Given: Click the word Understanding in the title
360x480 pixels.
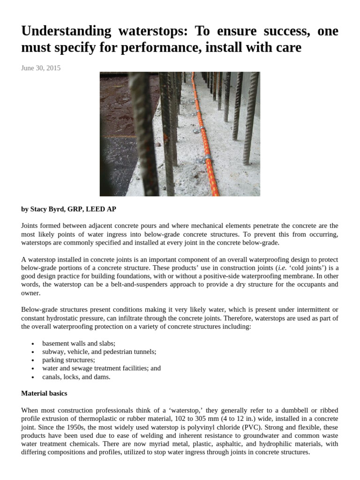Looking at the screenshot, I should coord(66,31).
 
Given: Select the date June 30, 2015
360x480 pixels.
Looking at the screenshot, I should coord(41,68).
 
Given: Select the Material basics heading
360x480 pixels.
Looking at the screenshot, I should coord(44,393).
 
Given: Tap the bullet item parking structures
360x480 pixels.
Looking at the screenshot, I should coord(68,360).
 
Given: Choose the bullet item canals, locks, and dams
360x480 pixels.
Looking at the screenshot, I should coord(76,377).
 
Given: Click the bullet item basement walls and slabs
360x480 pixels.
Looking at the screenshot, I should coord(79,343).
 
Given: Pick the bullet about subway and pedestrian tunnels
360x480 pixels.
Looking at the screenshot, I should coord(99,352).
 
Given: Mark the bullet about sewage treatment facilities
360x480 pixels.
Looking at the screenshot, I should coord(101,368).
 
